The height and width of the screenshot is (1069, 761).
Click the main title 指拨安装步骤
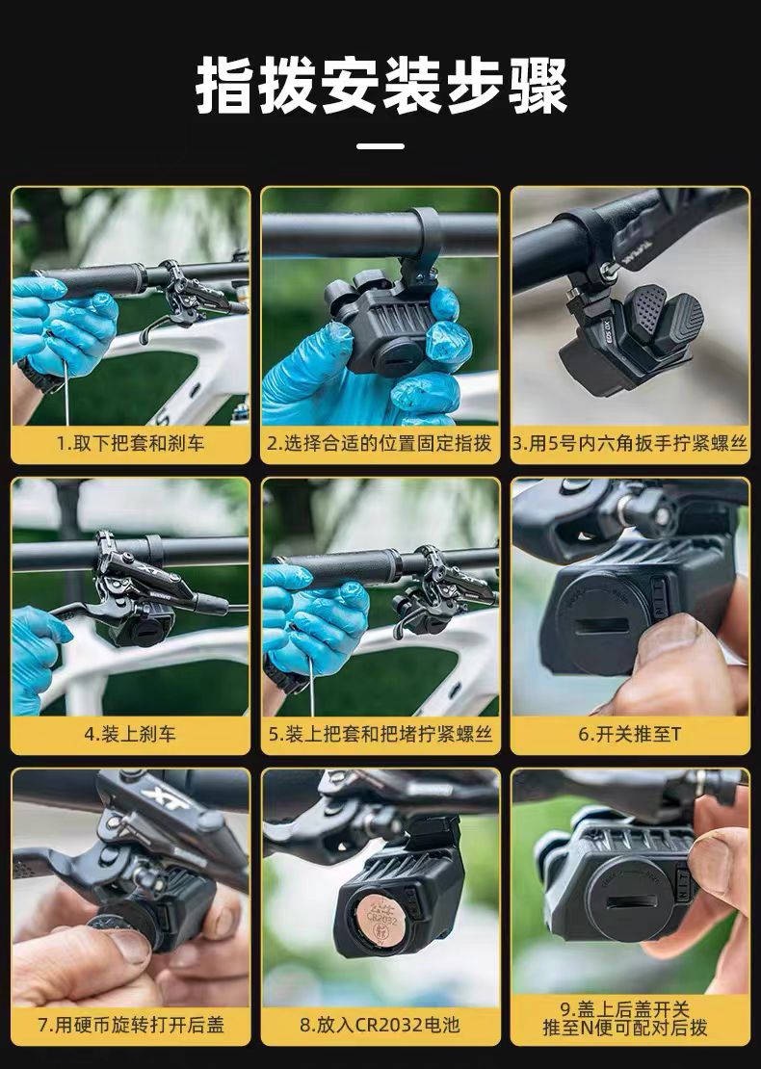tap(381, 87)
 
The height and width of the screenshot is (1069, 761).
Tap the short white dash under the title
tap(380, 145)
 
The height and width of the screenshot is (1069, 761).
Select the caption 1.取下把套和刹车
tap(130, 444)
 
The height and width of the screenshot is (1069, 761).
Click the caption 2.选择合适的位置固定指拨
tap(380, 444)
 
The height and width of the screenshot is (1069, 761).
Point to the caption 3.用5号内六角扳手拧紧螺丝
tap(629, 444)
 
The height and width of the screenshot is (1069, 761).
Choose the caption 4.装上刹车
tap(130, 734)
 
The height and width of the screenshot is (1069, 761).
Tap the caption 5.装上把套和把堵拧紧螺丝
tap(380, 734)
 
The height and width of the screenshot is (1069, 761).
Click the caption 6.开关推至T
tap(629, 734)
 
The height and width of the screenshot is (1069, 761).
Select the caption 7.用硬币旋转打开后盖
tap(130, 1025)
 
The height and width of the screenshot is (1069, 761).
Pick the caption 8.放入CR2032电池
tap(380, 1025)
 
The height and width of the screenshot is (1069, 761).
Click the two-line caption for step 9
tap(625, 1018)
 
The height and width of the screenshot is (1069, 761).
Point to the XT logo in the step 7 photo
tap(166, 797)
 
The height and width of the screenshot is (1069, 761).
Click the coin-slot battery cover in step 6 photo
tap(600, 627)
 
